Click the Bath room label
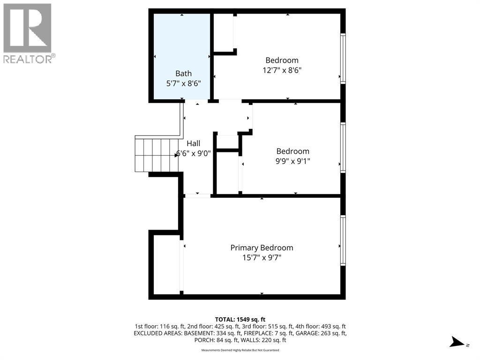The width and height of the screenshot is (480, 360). pyautogui.click(x=183, y=73)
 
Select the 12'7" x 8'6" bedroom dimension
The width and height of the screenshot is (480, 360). pyautogui.click(x=282, y=70)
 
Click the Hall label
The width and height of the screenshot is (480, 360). pyautogui.click(x=194, y=143)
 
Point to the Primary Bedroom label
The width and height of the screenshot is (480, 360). pyautogui.click(x=262, y=247)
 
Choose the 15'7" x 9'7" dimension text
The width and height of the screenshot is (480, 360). pyautogui.click(x=262, y=257)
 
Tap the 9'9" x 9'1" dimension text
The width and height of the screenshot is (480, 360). pyautogui.click(x=292, y=161)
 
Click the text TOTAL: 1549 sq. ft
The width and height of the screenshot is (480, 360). pyautogui.click(x=240, y=319)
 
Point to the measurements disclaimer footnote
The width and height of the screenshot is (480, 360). pyautogui.click(x=240, y=350)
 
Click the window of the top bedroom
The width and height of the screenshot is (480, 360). pyautogui.click(x=343, y=59)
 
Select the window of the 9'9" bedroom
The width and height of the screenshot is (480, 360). pyautogui.click(x=343, y=148)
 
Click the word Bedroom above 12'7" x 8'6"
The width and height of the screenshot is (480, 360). pyautogui.click(x=282, y=60)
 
